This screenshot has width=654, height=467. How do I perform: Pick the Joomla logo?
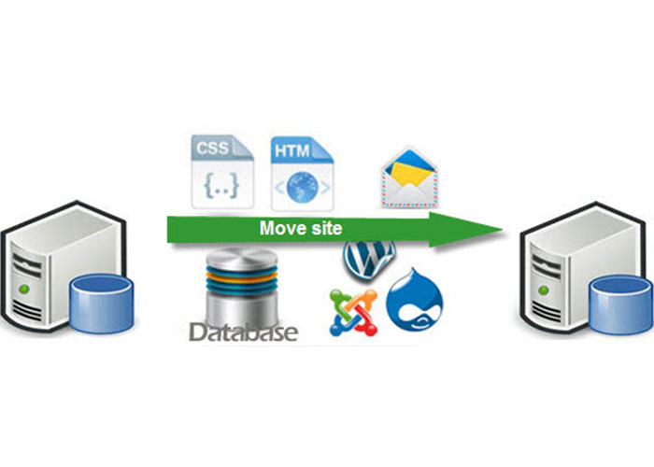[x=352, y=312]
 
